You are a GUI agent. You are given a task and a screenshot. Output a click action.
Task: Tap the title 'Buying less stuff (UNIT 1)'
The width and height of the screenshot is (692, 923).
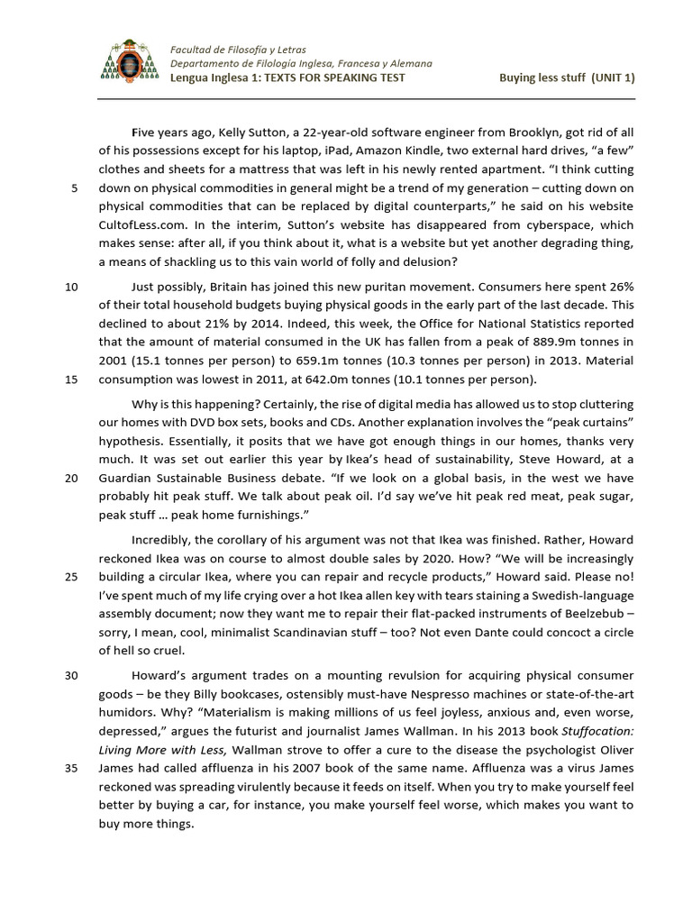(x=567, y=78)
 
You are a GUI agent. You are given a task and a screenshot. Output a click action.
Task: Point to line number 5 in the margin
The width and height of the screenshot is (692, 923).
(x=73, y=188)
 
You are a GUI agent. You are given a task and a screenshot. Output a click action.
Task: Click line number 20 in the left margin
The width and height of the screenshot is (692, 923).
(x=72, y=478)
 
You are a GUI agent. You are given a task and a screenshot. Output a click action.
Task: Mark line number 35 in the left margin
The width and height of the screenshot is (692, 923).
(x=72, y=768)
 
